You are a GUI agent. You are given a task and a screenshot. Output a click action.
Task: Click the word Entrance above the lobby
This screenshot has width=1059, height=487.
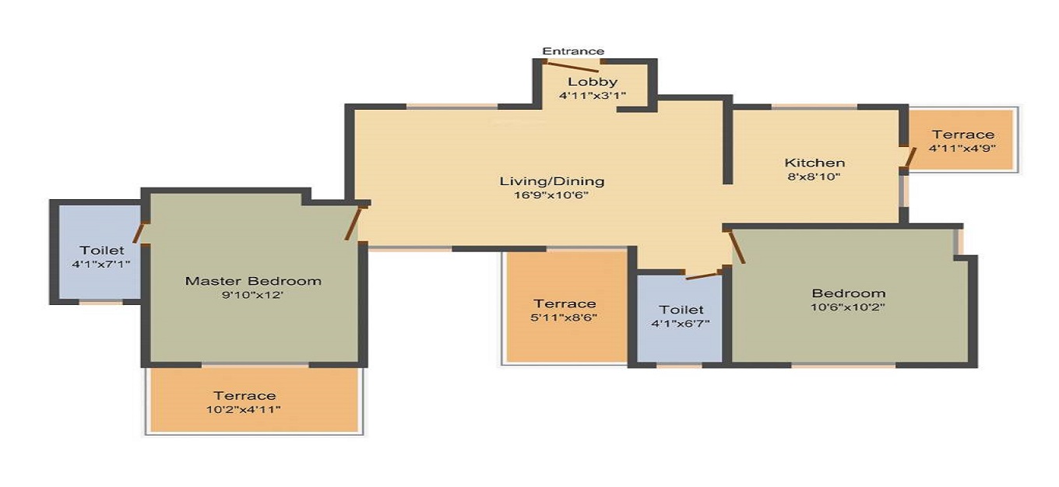point(573,51)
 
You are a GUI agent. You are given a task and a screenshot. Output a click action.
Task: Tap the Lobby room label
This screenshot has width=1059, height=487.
point(592,82)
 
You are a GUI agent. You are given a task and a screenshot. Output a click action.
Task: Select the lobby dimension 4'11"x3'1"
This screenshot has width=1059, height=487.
point(592,96)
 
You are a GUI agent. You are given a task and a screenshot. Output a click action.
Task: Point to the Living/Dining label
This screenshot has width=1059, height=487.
point(551,181)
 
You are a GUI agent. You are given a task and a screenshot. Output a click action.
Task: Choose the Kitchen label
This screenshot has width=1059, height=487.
point(814,163)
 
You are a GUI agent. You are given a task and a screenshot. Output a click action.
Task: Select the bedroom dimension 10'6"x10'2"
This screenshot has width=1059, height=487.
point(848,307)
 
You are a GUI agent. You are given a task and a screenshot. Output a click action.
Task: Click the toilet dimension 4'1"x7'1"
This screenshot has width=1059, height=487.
point(101,264)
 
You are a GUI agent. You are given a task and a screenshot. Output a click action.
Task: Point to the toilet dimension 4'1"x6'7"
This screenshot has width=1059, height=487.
point(681,323)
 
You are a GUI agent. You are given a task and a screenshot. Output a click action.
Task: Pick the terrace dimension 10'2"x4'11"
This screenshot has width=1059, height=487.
point(245,409)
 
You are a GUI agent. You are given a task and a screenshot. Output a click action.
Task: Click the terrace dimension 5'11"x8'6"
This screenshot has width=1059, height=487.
point(565,317)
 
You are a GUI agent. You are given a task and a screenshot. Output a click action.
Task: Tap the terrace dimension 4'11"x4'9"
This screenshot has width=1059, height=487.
point(963,148)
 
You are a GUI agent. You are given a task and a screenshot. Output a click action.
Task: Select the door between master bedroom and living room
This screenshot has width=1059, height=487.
point(354,222)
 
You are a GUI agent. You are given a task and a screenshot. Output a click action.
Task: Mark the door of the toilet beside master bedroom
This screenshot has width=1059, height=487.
point(141,233)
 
